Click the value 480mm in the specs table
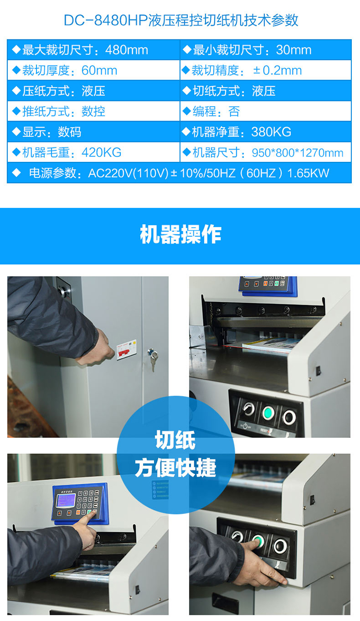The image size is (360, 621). tap(127, 50)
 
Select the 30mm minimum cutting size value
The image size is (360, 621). tap(294, 50)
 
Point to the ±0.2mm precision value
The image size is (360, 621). tap(277, 71)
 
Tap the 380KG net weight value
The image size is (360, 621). tap(271, 132)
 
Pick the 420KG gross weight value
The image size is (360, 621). tap(101, 152)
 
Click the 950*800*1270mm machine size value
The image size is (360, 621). tap(298, 153)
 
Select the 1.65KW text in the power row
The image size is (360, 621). tap(308, 173)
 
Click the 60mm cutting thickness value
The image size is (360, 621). tap(99, 71)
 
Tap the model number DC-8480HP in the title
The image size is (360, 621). tap(106, 20)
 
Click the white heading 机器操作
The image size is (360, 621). tap(180, 234)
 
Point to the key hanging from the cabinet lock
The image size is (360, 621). tap(153, 360)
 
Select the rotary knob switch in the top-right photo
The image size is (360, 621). tap(249, 409)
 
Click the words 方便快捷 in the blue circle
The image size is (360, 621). tap(175, 468)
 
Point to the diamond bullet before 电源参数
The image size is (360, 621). tap(17, 173)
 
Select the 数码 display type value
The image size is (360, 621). tap(70, 132)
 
